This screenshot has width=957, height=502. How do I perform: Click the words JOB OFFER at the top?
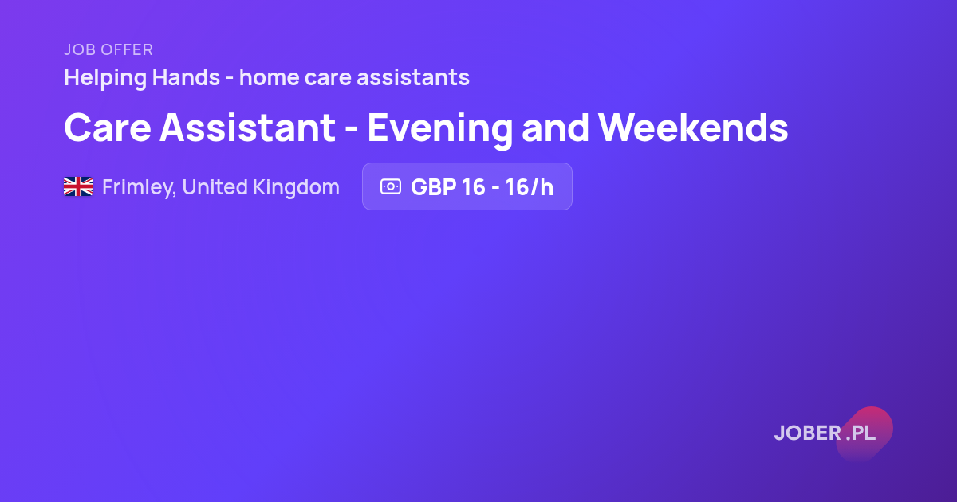(108, 50)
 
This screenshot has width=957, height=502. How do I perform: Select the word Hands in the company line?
(186, 77)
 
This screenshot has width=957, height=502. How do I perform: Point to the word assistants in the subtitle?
(413, 78)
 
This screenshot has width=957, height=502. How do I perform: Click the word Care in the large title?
(107, 127)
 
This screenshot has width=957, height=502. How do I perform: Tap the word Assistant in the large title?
(247, 127)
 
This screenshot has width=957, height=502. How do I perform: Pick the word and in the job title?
(555, 127)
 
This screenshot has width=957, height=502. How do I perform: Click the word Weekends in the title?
(693, 127)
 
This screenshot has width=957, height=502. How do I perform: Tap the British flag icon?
(78, 186)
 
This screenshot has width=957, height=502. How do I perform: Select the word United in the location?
(215, 187)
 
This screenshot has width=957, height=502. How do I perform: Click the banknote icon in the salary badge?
(391, 186)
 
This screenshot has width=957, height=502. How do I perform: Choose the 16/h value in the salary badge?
(530, 187)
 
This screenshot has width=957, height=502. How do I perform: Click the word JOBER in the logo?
(807, 433)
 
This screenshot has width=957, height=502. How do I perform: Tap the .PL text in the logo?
(861, 433)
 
